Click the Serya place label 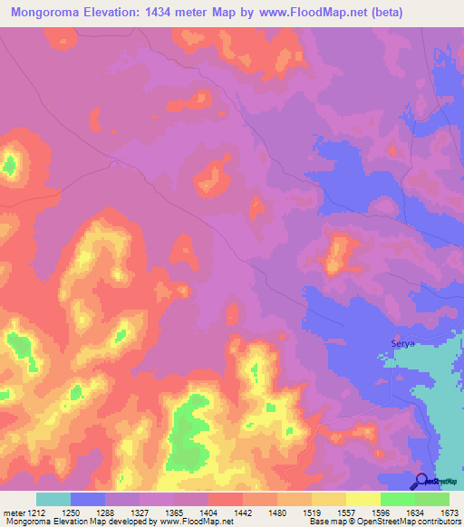pos(401,343)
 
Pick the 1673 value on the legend pos(449,512)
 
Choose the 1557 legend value pos(345,512)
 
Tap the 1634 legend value pos(414,512)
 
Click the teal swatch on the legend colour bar pos(53,499)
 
